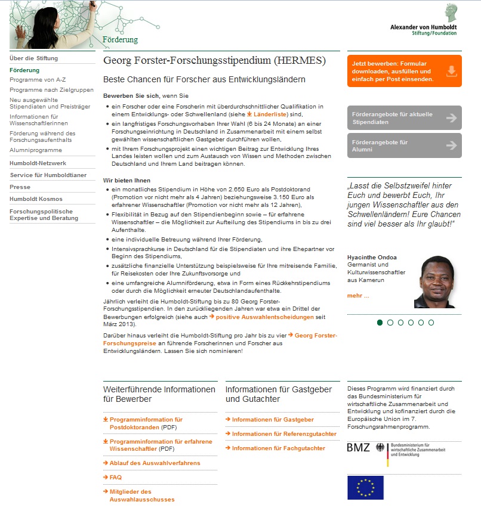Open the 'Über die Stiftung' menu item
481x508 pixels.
(34, 58)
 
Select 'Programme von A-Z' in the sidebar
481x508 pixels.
(38, 79)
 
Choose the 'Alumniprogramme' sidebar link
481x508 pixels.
(36, 150)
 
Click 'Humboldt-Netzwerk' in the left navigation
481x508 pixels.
(38, 163)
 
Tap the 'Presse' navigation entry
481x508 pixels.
(20, 187)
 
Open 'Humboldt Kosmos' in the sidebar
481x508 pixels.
(36, 199)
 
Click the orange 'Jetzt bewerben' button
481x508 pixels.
(404, 71)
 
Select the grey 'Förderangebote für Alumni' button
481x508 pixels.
(404, 145)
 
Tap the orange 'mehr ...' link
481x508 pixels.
(358, 296)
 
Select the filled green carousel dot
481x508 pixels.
(380, 323)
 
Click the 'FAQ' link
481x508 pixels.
(115, 478)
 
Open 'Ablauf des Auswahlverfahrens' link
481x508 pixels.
(155, 463)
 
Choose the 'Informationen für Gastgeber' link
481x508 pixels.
(273, 420)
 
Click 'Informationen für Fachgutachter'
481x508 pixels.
(279, 448)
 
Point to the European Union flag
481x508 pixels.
(365, 487)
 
